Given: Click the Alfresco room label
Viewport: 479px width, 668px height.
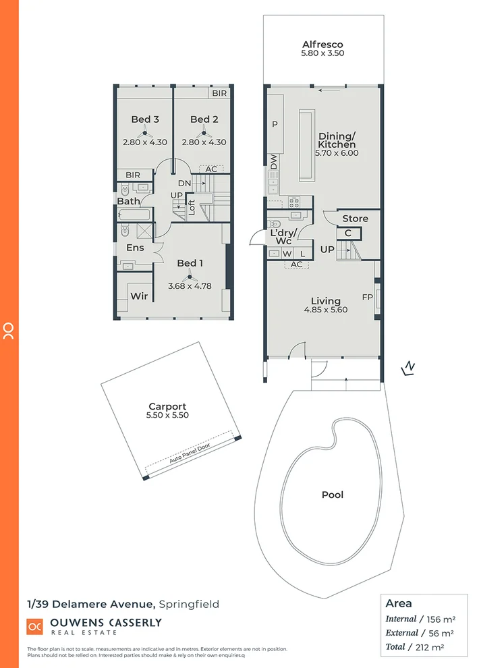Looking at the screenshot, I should click(x=322, y=45).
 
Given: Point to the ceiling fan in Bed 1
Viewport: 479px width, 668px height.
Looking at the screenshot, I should click(x=190, y=275).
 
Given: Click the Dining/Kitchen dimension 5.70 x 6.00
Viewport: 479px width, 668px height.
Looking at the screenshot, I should click(x=336, y=153).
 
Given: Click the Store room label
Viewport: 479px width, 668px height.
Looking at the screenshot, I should click(x=355, y=219).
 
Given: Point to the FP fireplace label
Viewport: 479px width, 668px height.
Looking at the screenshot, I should click(x=368, y=296).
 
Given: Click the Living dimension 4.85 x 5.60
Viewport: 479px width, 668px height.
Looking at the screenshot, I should click(x=325, y=310).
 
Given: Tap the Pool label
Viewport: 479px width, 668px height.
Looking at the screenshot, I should click(x=332, y=495).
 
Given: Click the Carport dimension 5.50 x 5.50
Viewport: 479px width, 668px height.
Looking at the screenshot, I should click(x=168, y=416).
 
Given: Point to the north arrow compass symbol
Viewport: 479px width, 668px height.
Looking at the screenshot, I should click(x=408, y=368).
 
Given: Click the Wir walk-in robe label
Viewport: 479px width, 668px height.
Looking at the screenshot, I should click(x=139, y=296).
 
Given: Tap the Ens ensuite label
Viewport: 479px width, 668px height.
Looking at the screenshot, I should click(x=135, y=248).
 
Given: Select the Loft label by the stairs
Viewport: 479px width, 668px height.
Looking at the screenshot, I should click(x=191, y=207).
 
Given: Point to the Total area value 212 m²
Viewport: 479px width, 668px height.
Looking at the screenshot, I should click(x=439, y=646).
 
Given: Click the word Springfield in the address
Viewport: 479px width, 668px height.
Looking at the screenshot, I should click(x=190, y=604).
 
